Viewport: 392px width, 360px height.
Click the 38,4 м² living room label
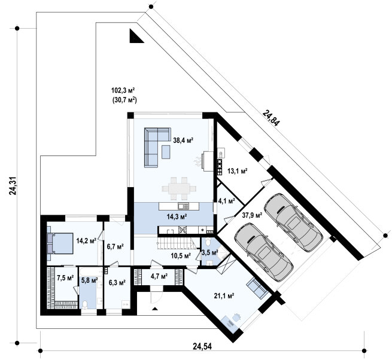[184, 141]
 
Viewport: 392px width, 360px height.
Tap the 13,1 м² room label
[238, 171]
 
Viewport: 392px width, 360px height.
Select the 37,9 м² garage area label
[252, 215]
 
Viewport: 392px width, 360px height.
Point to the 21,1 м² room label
[224, 296]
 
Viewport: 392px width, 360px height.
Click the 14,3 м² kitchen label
[177, 216]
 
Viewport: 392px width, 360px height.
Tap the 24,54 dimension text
[202, 346]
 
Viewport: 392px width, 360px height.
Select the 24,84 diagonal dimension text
[271, 118]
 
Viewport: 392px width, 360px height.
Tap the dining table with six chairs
[179, 188]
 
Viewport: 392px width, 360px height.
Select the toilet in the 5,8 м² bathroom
[85, 304]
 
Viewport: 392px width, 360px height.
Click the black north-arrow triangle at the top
[136, 36]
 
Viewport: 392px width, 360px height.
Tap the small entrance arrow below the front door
[155, 309]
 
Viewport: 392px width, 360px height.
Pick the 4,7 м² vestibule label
[159, 276]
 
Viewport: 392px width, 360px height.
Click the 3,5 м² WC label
[210, 253]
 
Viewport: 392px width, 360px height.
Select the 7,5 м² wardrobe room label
[65, 278]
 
